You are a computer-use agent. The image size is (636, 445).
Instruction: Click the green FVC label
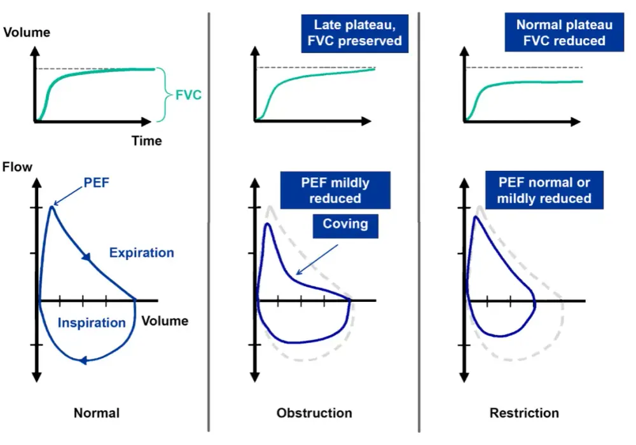pyautogui.click(x=188, y=95)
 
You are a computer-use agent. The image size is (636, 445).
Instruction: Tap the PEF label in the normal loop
pyautogui.click(x=96, y=183)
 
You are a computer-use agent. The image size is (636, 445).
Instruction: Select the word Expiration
pyautogui.click(x=142, y=253)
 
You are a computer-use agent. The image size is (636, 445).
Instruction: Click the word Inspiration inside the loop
pyautogui.click(x=92, y=322)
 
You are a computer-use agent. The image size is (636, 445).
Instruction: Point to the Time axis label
pyautogui.click(x=146, y=141)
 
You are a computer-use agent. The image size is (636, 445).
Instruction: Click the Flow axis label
pyautogui.click(x=17, y=167)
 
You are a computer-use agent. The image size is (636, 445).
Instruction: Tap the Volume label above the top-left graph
pyautogui.click(x=27, y=32)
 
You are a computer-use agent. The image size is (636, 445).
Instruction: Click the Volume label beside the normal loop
pyautogui.click(x=165, y=321)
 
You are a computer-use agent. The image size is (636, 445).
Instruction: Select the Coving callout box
pyautogui.click(x=345, y=226)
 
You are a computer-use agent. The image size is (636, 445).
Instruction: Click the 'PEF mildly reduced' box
pyautogui.click(x=335, y=190)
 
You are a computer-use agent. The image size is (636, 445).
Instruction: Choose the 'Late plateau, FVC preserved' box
pyautogui.click(x=354, y=33)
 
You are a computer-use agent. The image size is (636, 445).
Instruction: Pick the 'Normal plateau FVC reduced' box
pyautogui.click(x=564, y=32)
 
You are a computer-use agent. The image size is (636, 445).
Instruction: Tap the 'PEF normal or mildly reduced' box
pyautogui.click(x=544, y=190)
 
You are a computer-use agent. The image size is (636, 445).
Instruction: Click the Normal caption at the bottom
pyautogui.click(x=97, y=413)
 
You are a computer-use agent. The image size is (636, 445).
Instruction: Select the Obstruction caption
pyautogui.click(x=314, y=413)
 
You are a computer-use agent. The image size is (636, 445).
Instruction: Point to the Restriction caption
pyautogui.click(x=524, y=413)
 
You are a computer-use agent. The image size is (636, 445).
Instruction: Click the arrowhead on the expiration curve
pyautogui.click(x=86, y=257)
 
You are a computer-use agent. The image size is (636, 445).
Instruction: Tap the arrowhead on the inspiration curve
pyautogui.click(x=83, y=360)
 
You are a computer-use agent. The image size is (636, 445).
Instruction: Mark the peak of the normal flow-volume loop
pyautogui.click(x=52, y=207)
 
